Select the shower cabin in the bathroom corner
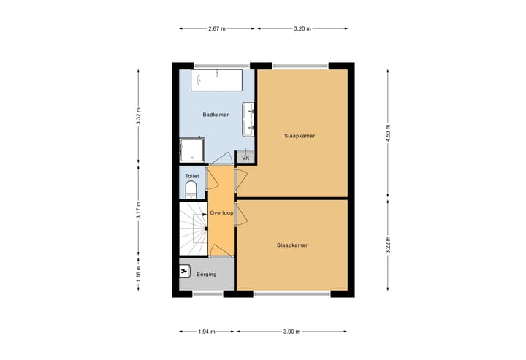(192, 150)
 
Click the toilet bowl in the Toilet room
(191, 190)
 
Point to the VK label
(245, 158)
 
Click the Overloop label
(221, 212)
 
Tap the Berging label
(206, 274)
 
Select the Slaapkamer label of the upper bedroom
(300, 135)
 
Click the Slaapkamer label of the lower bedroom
(292, 245)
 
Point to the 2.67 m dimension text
(217, 29)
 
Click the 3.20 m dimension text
(302, 29)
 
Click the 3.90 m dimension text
(291, 331)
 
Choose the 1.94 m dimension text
(207, 331)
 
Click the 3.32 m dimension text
(138, 117)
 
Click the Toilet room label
(192, 176)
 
